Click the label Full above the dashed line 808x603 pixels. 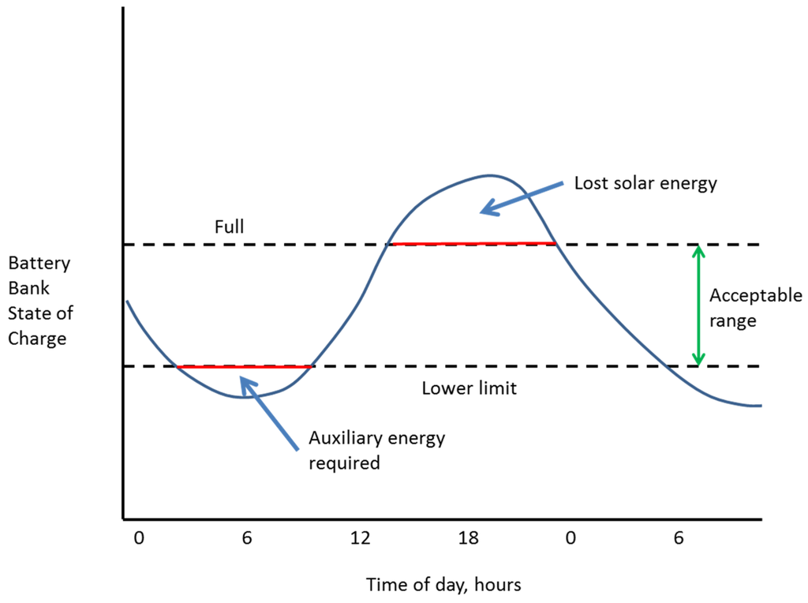pos(230,227)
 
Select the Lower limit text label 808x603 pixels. pos(469,388)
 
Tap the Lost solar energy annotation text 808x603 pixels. pos(645,184)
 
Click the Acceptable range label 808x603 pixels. pos(755,309)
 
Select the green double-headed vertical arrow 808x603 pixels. pos(698,305)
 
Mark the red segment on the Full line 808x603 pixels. pos(472,244)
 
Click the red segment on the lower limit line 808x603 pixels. pos(245,367)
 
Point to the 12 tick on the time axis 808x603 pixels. pos(360,539)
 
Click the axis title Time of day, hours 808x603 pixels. pos(443,585)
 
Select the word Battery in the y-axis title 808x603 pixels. pos(39,264)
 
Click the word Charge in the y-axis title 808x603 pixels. pos(37,339)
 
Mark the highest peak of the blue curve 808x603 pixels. pos(489,175)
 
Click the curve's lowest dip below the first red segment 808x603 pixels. pos(245,397)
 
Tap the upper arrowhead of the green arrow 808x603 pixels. pos(698,252)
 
